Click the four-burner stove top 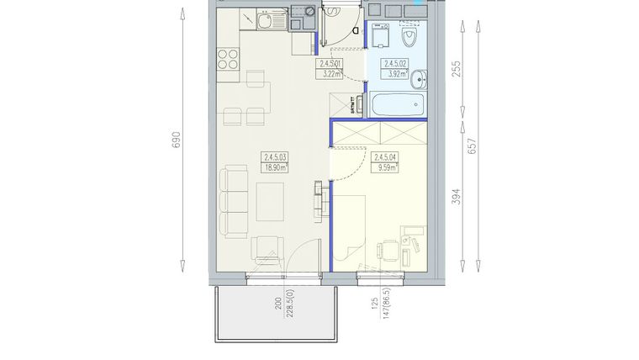(227, 59)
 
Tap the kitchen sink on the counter (262, 19)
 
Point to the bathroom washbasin (423, 77)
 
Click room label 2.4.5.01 (330, 63)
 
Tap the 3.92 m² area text (395, 73)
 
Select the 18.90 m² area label (275, 167)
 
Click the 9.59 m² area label (385, 167)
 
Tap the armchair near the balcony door (267, 251)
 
